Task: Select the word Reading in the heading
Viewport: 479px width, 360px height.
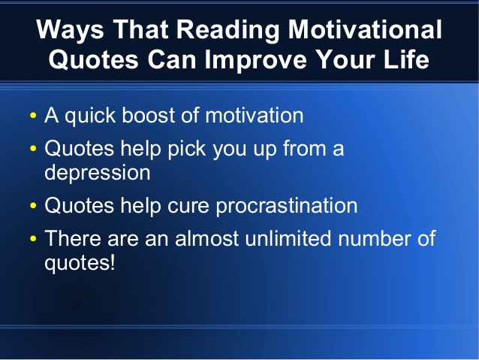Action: coord(242,31)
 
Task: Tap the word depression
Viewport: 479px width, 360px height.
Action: coord(98,172)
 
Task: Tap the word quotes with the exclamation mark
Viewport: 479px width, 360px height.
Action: coord(80,264)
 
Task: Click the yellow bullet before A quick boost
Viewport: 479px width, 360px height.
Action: coord(32,117)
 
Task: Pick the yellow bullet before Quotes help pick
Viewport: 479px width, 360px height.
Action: coord(32,150)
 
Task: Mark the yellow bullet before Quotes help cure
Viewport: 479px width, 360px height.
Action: coord(32,206)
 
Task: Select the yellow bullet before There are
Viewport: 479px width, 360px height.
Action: coord(32,241)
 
